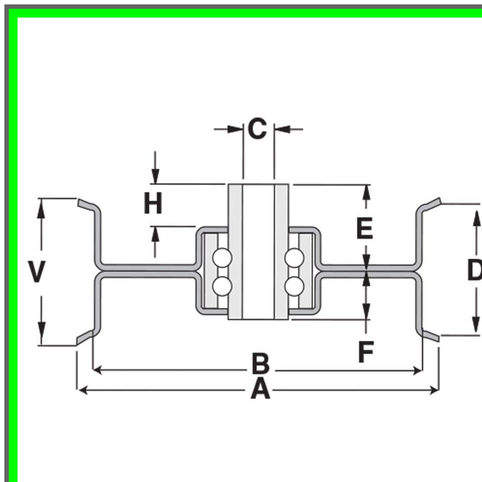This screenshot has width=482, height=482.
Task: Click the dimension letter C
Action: (257, 128)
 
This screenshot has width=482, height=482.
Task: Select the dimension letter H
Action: (153, 203)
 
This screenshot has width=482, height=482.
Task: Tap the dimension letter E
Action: (365, 228)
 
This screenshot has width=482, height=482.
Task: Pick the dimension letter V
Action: (36, 272)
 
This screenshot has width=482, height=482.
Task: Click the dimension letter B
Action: (261, 364)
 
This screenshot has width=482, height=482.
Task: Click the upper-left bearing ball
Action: (222, 258)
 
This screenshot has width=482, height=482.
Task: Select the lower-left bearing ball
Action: (222, 287)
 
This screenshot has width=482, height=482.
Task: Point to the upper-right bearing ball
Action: (295, 258)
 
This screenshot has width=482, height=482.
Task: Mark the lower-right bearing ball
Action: (295, 287)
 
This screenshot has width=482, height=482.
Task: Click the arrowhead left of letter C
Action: (235, 129)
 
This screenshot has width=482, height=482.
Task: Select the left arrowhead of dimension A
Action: (83, 390)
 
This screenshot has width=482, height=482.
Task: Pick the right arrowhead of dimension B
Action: (418, 371)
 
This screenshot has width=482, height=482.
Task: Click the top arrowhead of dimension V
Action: (41, 209)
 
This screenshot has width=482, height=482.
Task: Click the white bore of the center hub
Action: (259, 252)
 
